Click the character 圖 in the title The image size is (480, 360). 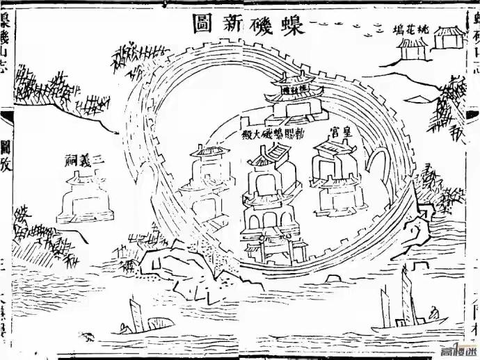tap(202, 25)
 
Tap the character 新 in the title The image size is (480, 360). tap(236, 26)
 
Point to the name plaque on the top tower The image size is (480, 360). tap(288, 88)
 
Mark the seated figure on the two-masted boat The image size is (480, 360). tap(433, 316)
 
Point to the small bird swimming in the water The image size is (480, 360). tap(88, 338)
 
